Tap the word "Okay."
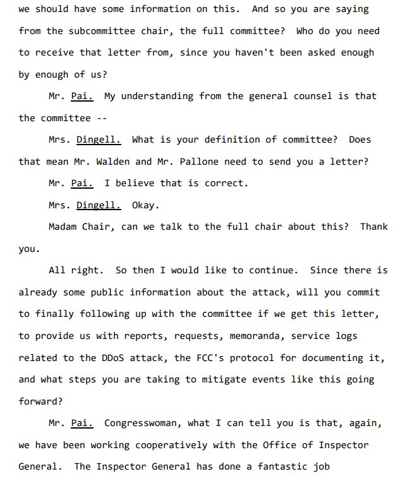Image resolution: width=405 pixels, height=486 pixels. pyautogui.click(x=145, y=205)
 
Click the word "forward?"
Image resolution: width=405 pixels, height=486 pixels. pyautogui.click(x=40, y=401)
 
